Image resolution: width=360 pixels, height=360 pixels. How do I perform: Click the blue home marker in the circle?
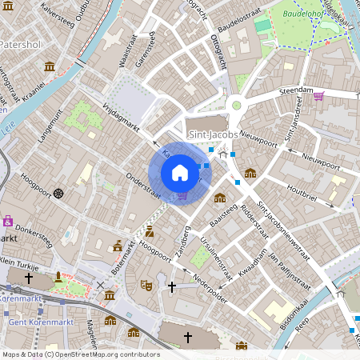click(x=180, y=173)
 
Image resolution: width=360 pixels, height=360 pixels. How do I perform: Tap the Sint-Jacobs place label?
click(x=210, y=135)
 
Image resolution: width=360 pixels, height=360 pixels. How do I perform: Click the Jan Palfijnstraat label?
click(x=288, y=270)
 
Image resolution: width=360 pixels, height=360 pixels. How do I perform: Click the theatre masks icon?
click(x=146, y=284)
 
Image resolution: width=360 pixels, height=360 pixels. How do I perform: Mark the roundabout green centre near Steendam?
click(x=236, y=104)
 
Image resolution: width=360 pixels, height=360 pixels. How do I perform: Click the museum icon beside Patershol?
click(x=50, y=66)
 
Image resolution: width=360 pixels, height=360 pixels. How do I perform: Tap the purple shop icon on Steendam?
click(x=319, y=97)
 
